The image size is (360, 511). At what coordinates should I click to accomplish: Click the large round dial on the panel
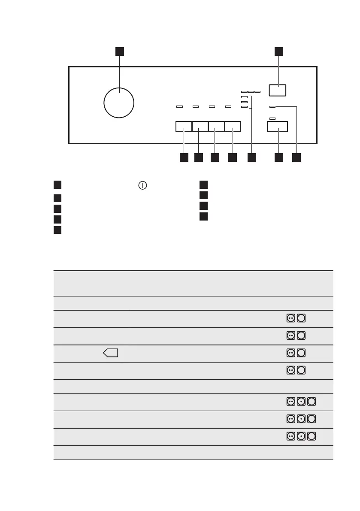coord(119,102)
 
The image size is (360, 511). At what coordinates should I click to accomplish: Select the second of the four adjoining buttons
coord(200,127)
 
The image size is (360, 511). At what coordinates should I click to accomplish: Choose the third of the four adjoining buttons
coord(216,127)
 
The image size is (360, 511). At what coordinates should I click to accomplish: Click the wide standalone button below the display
coord(277,127)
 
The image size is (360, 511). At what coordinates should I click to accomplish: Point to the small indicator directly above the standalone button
coord(272,118)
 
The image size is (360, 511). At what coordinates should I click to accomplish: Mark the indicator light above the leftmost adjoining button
coord(179,107)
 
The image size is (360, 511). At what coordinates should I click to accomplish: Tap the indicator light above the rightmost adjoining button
coord(228,107)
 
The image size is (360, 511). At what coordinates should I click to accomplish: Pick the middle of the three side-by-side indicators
coord(251,92)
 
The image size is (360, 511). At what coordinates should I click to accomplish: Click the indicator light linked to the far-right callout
coord(272,106)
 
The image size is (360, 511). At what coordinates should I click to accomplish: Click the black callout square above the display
coord(279,51)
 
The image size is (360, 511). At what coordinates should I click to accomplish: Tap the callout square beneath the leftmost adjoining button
coord(184,157)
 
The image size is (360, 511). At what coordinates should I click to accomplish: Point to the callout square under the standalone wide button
coord(279,157)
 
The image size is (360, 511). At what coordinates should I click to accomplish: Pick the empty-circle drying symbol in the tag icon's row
coord(301,353)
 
